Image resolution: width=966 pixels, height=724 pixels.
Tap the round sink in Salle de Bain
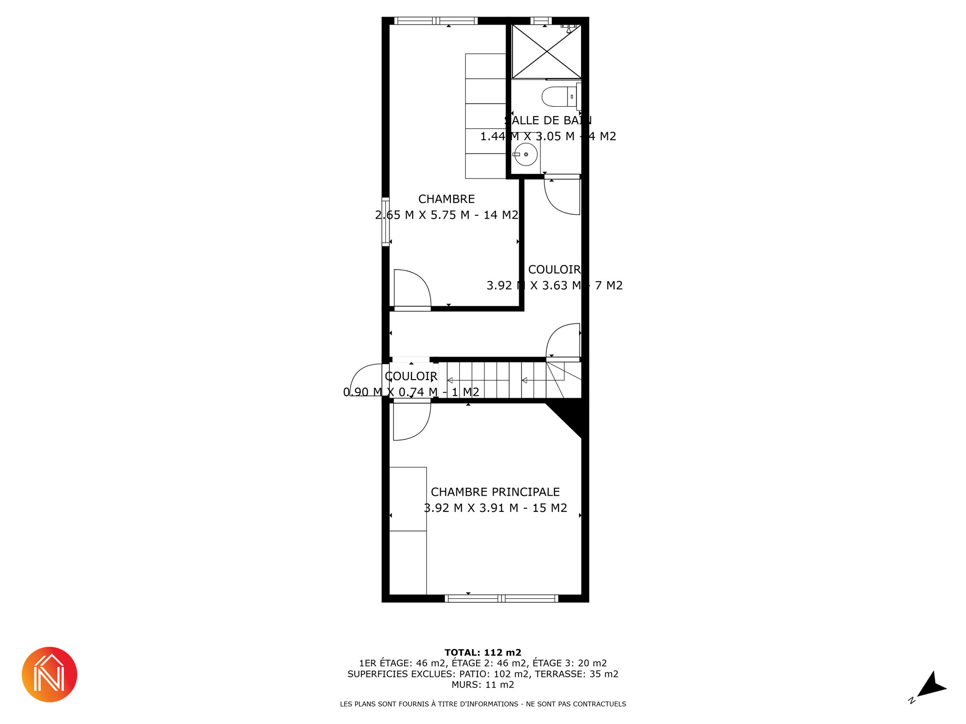pos(526,154)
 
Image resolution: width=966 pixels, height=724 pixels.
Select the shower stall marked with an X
pos(546,52)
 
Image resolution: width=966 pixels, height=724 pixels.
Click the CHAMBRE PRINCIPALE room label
pos(495,492)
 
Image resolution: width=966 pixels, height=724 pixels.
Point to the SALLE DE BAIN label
pos(548,120)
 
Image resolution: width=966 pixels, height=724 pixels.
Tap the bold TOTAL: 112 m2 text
pos(483,653)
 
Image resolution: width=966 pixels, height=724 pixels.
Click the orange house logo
pos(49,674)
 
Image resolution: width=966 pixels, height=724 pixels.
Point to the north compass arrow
pos(932,685)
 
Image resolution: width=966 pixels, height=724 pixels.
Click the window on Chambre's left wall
pos(385,221)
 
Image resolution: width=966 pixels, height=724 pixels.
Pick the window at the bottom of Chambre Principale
pos(501,598)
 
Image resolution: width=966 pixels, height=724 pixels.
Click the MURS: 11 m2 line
pos(483,685)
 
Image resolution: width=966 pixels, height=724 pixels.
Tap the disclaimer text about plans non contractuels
pos(483,704)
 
